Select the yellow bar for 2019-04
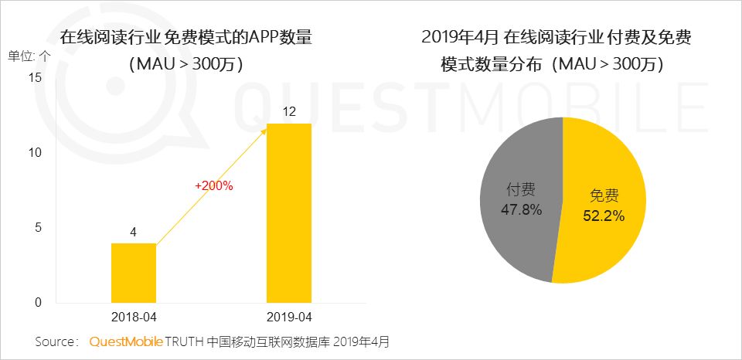tap(290, 212)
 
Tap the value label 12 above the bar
tap(290, 112)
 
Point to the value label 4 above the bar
tap(134, 232)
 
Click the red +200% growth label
tap(214, 185)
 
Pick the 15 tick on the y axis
tap(33, 77)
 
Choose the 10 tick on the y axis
tap(33, 152)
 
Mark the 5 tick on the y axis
tap(37, 227)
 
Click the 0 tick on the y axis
tap(37, 302)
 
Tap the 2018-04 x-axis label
tap(134, 318)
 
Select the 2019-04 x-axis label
tap(290, 318)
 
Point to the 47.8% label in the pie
tap(520, 209)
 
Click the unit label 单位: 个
tap(30, 56)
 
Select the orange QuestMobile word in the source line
tap(125, 341)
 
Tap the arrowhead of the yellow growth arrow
tap(265, 132)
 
